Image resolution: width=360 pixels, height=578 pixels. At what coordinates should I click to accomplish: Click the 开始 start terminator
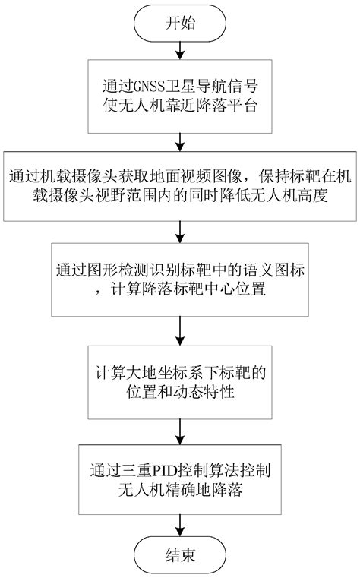pyautogui.click(x=180, y=23)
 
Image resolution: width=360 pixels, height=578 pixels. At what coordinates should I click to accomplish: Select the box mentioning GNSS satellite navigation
pyautogui.click(x=180, y=96)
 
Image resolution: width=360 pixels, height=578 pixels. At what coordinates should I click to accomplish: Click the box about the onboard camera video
pyautogui.click(x=180, y=185)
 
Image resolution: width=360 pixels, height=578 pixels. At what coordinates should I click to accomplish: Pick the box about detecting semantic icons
pyautogui.click(x=180, y=280)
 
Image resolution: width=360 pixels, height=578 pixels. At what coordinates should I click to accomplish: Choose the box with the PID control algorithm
pyautogui.click(x=180, y=481)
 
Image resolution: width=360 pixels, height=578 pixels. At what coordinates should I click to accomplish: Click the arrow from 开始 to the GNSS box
pyautogui.click(x=180, y=49)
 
